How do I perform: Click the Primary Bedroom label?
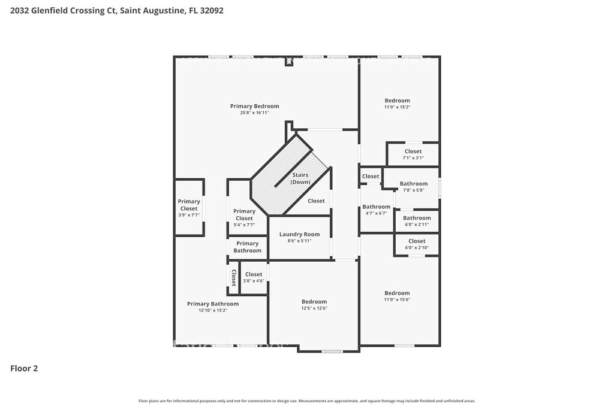pyautogui.click(x=254, y=106)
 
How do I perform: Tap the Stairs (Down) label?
pyautogui.click(x=300, y=178)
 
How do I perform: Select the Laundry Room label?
pyautogui.click(x=299, y=234)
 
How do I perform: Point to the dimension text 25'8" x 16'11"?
pyautogui.click(x=254, y=113)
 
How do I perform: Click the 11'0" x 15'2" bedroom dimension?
pyautogui.click(x=397, y=107)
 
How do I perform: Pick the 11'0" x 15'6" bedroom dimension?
pyautogui.click(x=397, y=299)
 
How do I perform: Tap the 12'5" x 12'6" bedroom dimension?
pyautogui.click(x=314, y=308)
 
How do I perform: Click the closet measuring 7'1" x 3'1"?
pyautogui.click(x=413, y=154)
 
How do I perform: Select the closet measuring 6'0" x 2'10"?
pyautogui.click(x=417, y=244)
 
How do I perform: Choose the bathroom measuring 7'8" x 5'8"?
pyautogui.click(x=414, y=187)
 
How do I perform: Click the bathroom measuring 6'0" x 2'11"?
pyautogui.click(x=417, y=221)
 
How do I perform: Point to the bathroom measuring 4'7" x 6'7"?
pyautogui.click(x=377, y=210)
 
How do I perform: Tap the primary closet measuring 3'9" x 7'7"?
pyautogui.click(x=189, y=208)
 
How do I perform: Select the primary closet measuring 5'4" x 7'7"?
pyautogui.click(x=244, y=217)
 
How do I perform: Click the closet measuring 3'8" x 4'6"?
pyautogui.click(x=254, y=277)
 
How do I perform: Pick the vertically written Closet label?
pyautogui.click(x=234, y=278)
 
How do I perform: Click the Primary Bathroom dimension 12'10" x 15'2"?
pyautogui.click(x=213, y=310)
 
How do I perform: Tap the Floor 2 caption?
pyautogui.click(x=24, y=369)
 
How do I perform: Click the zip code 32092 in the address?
pyautogui.click(x=212, y=11)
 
